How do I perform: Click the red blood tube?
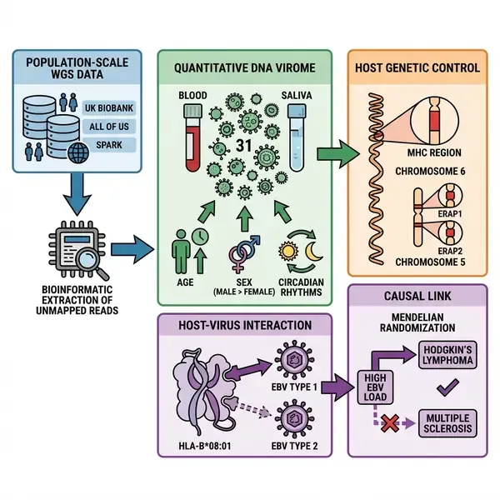tap(192, 138)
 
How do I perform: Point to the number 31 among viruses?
tap(244, 147)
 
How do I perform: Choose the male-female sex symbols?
tap(243, 250)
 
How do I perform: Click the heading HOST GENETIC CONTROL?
tap(422, 67)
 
